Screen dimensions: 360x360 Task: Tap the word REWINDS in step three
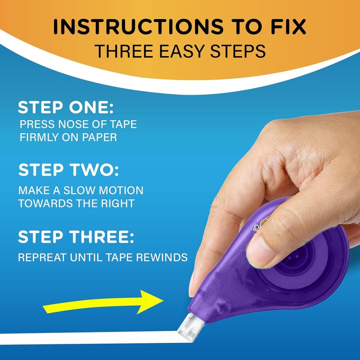click(x=162, y=258)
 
